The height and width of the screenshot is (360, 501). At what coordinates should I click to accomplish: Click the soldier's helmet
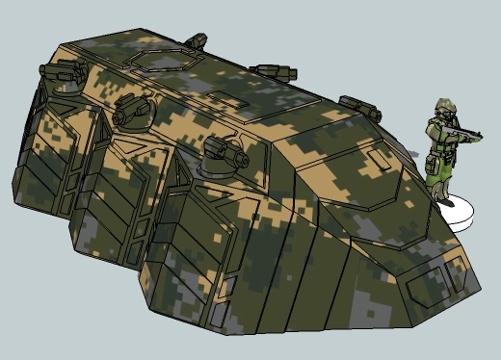click(x=444, y=106)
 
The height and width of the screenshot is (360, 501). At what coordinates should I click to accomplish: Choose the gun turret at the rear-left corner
click(x=54, y=73)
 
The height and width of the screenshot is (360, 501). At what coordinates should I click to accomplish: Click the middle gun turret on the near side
click(x=132, y=114)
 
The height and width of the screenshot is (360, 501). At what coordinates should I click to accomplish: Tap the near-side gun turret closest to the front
click(x=224, y=151)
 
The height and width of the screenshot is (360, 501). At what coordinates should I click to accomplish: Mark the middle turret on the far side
click(x=273, y=71)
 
